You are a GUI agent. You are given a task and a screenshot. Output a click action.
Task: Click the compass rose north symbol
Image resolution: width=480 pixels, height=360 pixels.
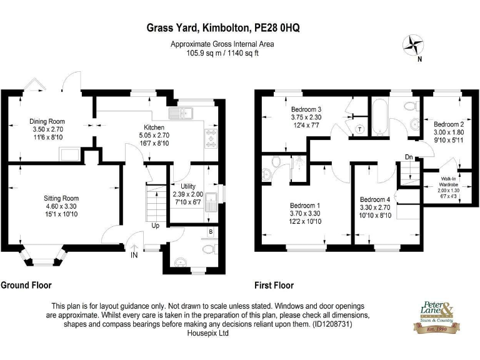[413, 45]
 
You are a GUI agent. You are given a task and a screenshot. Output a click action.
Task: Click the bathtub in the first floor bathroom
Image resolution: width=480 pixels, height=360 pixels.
[380, 119]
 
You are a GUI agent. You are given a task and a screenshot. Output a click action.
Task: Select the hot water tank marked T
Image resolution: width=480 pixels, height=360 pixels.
[360, 129]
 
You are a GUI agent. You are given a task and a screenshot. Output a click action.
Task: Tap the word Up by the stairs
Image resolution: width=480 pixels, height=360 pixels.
[155, 225]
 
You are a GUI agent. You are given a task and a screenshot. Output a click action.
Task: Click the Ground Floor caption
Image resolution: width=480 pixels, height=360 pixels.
[26, 286]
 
